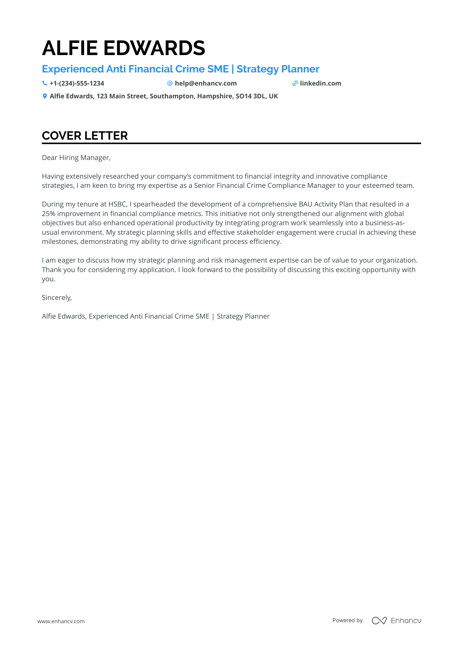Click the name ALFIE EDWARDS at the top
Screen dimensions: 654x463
pyautogui.click(x=123, y=48)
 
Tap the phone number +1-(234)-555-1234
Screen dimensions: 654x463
pyautogui.click(x=77, y=83)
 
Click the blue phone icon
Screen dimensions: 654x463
pyautogui.click(x=45, y=83)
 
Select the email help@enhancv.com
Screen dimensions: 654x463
pyautogui.click(x=206, y=83)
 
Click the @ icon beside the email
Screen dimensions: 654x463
pyautogui.click(x=170, y=83)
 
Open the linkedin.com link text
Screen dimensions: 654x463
pyautogui.click(x=320, y=83)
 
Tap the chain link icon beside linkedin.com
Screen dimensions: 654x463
pyautogui.click(x=295, y=83)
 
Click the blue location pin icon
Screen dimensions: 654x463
pyautogui.click(x=45, y=96)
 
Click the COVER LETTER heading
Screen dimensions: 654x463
pyautogui.click(x=85, y=136)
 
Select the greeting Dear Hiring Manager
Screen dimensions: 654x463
pyautogui.click(x=76, y=158)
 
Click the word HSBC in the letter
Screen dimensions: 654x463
pyautogui.click(x=117, y=204)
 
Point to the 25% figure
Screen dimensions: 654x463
pyautogui.click(x=48, y=214)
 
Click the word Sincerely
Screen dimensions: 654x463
pyautogui.click(x=56, y=298)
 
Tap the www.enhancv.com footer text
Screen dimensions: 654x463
pyautogui.click(x=61, y=621)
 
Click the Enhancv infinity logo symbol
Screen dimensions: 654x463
pyautogui.click(x=379, y=621)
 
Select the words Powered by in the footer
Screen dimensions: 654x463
pyautogui.click(x=347, y=620)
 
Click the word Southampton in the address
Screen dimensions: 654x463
pyautogui.click(x=171, y=96)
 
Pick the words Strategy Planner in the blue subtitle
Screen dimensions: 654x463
pyautogui.click(x=278, y=69)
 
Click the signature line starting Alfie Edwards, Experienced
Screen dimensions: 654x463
pyautogui.click(x=156, y=316)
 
